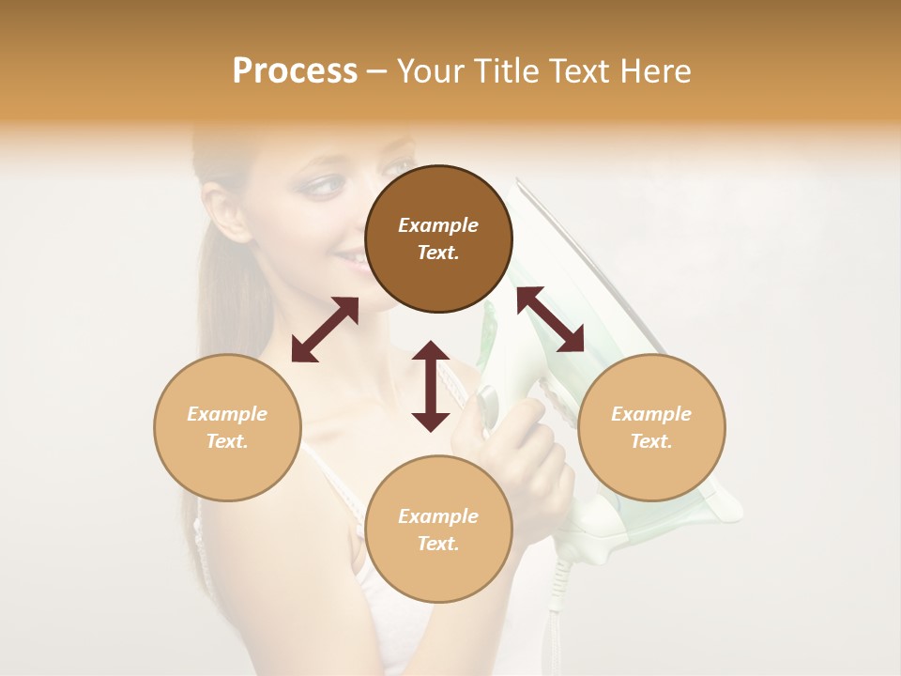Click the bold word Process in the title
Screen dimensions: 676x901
point(295,71)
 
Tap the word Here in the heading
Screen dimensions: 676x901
point(653,71)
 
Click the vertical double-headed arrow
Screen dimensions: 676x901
point(431,386)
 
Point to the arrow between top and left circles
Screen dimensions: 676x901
point(325,330)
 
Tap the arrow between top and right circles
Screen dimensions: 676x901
point(550,319)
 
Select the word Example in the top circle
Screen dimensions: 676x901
point(438,225)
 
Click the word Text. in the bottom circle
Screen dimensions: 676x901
point(438,544)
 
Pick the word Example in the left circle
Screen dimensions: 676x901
point(227,414)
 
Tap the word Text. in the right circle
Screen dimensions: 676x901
point(651,441)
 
